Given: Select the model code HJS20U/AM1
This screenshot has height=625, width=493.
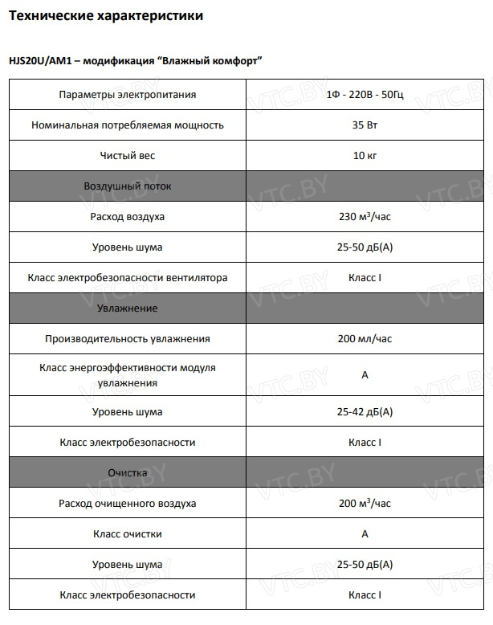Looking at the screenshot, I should pos(39,62).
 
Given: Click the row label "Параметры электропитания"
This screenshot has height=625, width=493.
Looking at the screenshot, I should pos(128,95).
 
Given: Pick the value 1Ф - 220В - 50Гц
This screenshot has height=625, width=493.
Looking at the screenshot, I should pos(365,95).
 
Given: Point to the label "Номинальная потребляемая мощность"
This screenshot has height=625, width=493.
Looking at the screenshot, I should pos(128,125).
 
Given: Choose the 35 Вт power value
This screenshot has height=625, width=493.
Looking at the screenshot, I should pos(365,125).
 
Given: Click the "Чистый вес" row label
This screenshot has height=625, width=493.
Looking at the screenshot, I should pos(128,156).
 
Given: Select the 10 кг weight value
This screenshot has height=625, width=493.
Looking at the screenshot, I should pos(365,156).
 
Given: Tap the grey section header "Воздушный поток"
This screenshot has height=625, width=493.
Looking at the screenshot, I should pos(128,186).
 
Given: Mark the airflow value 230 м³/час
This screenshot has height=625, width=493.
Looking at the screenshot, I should pos(365,217).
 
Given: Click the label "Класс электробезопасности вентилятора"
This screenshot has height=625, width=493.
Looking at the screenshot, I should pos(128,278).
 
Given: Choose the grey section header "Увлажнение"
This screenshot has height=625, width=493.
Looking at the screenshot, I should pos(128,308).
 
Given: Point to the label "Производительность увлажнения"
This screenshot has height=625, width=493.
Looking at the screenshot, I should pos(128,339).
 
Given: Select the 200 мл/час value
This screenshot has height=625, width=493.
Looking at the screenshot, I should pos(365,339).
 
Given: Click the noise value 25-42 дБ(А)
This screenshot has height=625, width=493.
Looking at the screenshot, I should pos(365,412).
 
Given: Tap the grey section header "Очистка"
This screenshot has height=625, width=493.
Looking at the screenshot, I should pos(128,473).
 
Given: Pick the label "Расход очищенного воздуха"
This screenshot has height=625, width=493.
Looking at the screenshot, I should pos(128,504).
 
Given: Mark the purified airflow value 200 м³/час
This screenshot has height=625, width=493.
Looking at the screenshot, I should pos(365,504).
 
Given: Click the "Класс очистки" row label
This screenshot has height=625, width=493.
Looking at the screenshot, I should pos(128,534).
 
